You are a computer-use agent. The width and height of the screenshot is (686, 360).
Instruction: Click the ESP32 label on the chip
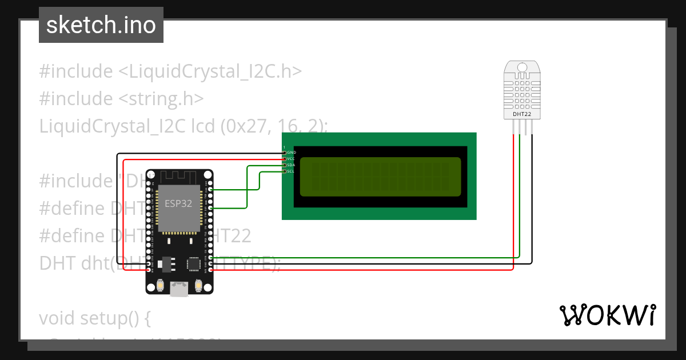tap(178, 204)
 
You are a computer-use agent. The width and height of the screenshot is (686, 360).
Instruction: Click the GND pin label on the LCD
tap(292, 153)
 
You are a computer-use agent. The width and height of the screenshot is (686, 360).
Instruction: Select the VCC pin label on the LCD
tap(292, 159)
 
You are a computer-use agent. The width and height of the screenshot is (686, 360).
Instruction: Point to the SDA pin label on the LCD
tap(291, 165)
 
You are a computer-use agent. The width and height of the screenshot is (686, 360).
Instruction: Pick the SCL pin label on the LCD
tap(291, 171)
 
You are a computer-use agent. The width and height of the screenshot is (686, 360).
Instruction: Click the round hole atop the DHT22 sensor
tap(521, 67)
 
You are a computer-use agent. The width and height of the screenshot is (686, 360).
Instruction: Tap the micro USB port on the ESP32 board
tap(180, 290)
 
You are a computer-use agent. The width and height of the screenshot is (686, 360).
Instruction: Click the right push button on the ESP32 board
tap(199, 284)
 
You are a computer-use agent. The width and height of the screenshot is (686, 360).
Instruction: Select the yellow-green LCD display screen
tap(380, 177)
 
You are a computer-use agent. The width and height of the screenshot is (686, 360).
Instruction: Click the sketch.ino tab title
tap(101, 25)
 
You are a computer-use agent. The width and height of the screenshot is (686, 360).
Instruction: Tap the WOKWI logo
tap(607, 315)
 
